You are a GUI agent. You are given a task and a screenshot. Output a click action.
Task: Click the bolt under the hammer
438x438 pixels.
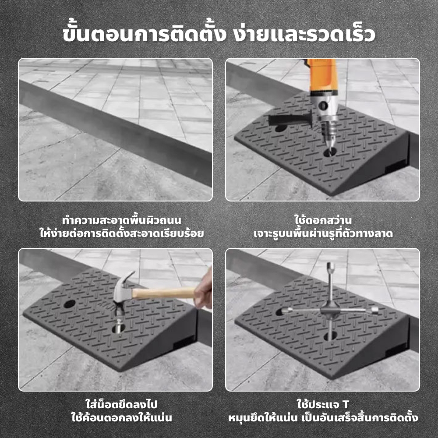click(119, 325)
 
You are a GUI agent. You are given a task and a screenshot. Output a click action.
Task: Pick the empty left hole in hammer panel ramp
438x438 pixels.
click(69, 304)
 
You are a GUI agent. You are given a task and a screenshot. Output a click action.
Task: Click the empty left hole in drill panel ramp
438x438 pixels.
click(281, 128)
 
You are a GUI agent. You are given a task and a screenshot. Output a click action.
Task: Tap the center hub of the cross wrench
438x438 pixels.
click(330, 311)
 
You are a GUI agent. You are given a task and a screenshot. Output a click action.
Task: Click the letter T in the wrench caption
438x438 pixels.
click(346, 404)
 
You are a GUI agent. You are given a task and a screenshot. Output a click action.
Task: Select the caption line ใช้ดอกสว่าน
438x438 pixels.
click(323, 220)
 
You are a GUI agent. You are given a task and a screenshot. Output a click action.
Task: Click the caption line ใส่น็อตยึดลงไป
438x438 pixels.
click(121, 404)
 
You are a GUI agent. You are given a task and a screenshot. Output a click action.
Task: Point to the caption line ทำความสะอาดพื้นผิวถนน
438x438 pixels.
click(121, 220)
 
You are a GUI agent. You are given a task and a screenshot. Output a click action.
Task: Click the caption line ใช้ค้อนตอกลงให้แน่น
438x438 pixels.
click(121, 417)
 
